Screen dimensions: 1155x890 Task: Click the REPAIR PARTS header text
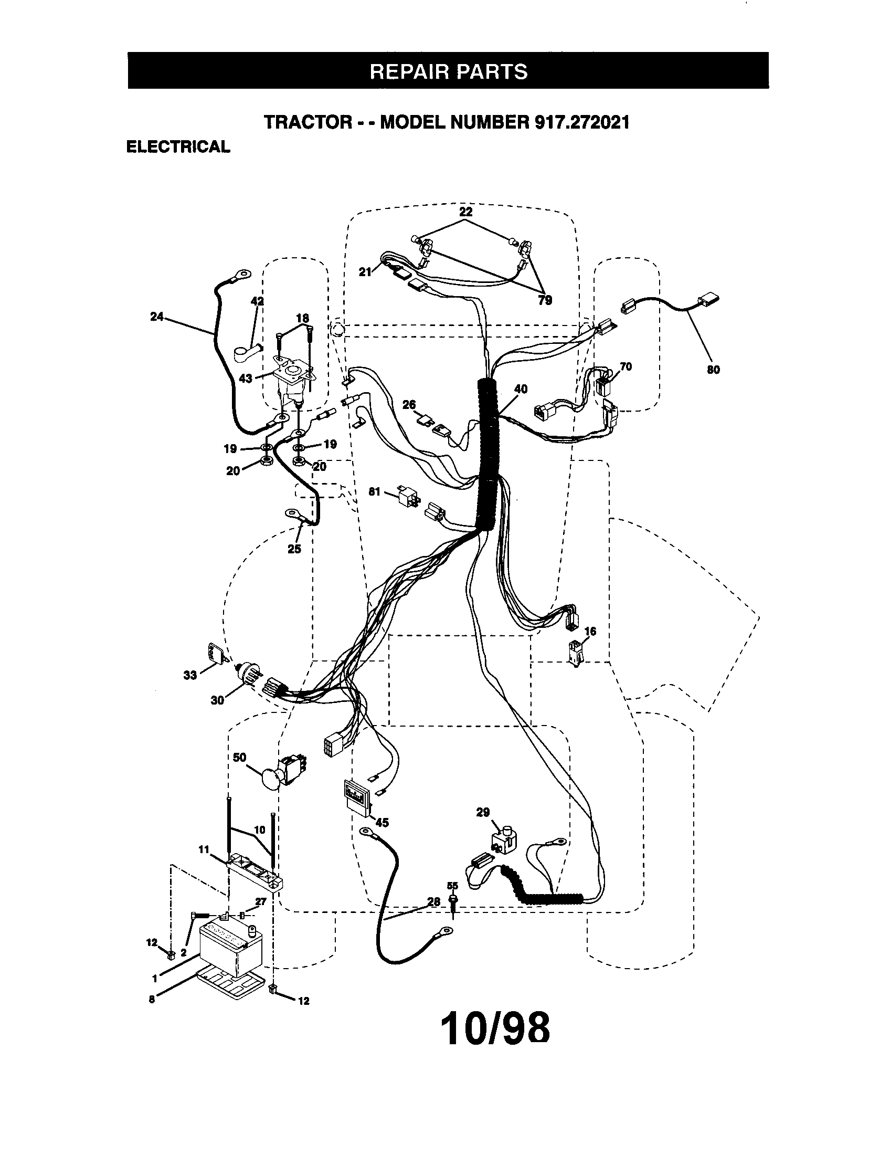point(448,71)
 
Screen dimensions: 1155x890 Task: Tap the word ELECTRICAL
point(178,146)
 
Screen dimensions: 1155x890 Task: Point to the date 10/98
point(495,1028)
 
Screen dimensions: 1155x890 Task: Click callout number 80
point(713,370)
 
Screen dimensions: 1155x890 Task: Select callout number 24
point(157,318)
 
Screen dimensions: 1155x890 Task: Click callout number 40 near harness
point(521,388)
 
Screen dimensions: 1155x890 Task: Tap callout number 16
point(590,631)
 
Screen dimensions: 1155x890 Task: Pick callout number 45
point(382,822)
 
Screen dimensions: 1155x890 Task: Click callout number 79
point(545,300)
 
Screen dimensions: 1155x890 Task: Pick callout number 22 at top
point(465,212)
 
